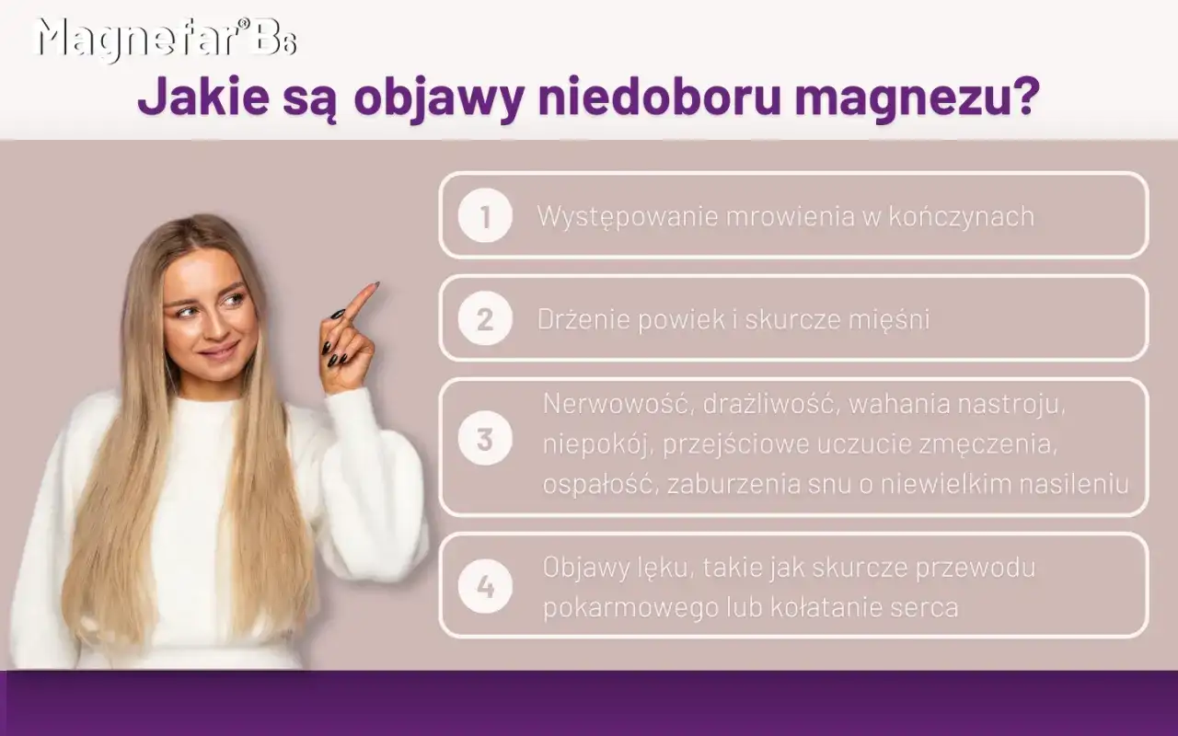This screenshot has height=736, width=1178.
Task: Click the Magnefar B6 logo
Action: pyautogui.click(x=166, y=40)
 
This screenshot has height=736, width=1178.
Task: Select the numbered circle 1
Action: pyautogui.click(x=485, y=216)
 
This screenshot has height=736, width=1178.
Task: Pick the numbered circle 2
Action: pyautogui.click(x=485, y=319)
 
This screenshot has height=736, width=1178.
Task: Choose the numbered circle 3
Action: pyautogui.click(x=485, y=441)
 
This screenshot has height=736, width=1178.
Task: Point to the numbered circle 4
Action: pyautogui.click(x=485, y=586)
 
